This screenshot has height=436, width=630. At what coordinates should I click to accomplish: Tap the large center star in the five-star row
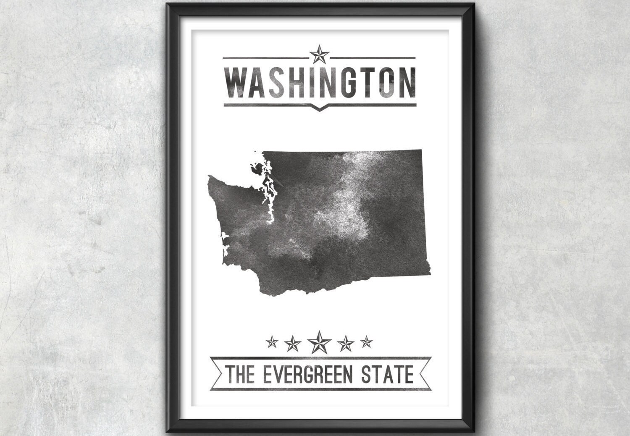(319, 341)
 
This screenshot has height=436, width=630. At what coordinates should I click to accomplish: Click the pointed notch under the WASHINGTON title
(319, 110)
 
